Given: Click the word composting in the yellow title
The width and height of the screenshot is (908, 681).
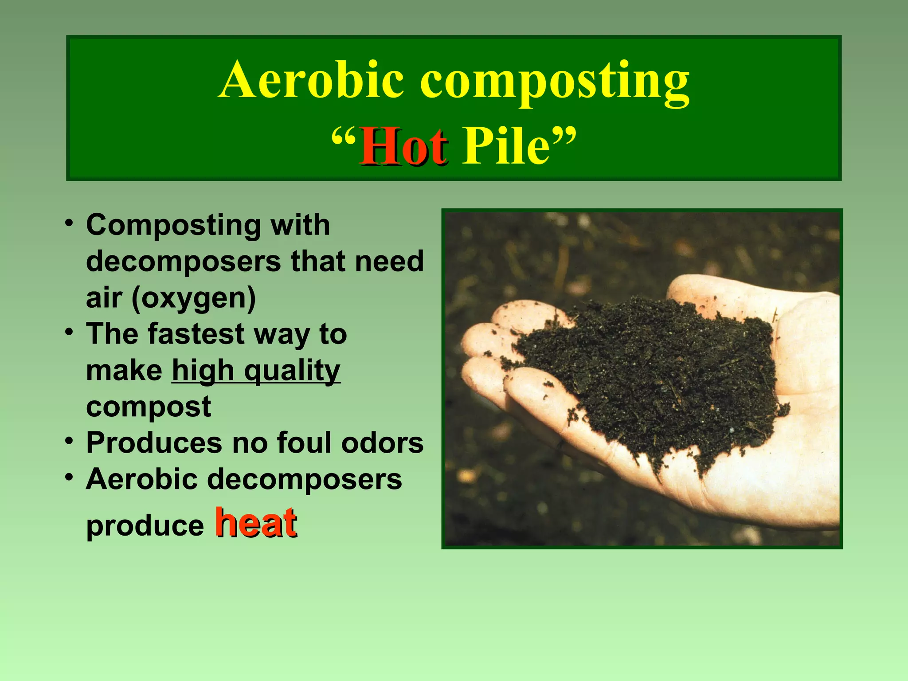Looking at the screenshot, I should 554,82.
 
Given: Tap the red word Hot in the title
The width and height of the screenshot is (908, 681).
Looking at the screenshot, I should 403,147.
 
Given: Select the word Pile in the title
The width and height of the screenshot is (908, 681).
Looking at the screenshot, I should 505,147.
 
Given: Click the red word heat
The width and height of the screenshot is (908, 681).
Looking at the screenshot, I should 256,523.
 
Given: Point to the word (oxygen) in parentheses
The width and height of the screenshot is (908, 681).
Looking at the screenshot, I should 193,298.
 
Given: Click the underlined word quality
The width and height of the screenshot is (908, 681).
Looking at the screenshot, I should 292,371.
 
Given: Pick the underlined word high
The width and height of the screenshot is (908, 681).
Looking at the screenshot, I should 203,371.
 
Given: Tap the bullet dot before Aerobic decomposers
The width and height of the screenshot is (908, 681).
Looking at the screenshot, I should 69,477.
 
